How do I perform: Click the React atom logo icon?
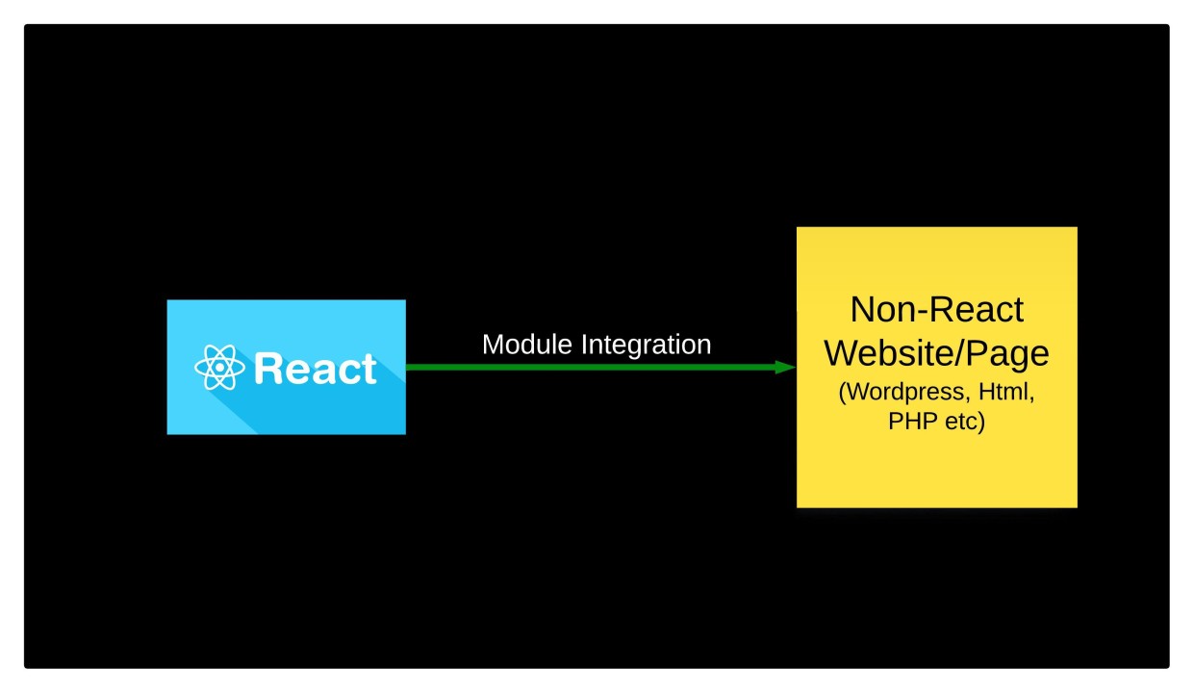(220, 368)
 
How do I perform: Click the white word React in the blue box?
(315, 369)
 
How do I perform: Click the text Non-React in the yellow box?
(936, 310)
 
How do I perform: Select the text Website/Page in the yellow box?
(936, 354)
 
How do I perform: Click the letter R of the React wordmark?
(268, 369)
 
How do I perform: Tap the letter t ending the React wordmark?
(369, 369)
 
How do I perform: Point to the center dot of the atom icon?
(220, 368)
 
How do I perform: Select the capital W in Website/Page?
(843, 354)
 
